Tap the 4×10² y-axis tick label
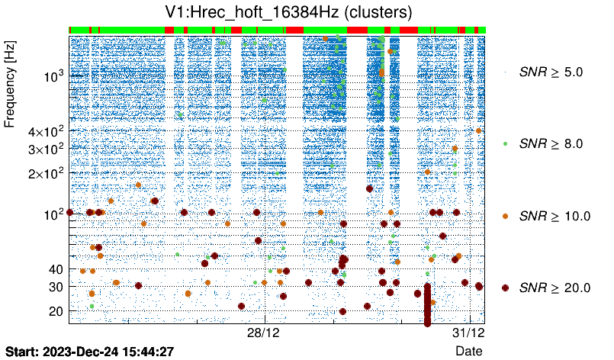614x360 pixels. (44, 131)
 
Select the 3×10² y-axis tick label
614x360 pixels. (44, 149)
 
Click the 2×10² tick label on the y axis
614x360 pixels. (44, 173)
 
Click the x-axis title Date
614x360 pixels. (468, 351)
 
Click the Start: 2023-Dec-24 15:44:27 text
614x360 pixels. (90, 352)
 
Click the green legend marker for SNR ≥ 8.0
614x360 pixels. (505, 143)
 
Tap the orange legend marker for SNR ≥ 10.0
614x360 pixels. (505, 216)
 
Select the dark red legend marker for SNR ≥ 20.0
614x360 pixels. (505, 288)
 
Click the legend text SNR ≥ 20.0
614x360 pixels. (555, 288)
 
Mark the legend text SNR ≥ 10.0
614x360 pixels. (555, 216)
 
